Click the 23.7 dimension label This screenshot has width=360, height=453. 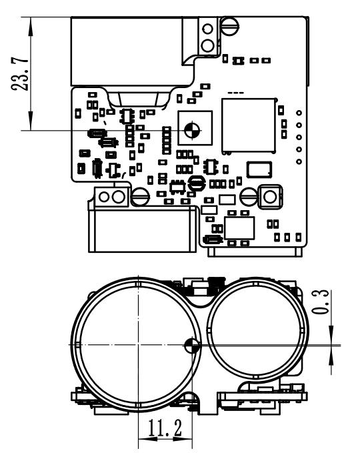[20, 74]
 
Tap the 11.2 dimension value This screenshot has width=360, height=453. [165, 428]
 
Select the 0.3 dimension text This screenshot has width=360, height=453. [321, 302]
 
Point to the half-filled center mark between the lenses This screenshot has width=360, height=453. [192, 345]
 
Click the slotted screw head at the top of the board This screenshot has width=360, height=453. [230, 26]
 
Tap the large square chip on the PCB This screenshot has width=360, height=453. [249, 125]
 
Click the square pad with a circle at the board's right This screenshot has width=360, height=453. [270, 197]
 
